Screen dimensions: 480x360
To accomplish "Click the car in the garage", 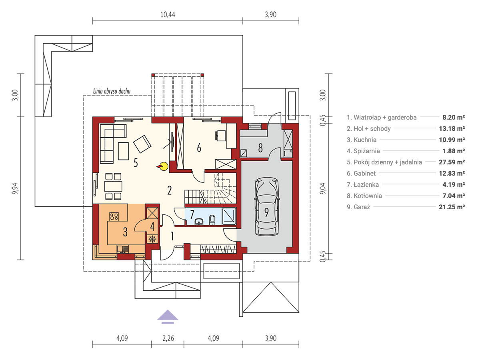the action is tap(266, 206).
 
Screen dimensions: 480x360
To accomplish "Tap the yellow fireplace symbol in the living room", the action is tap(163, 166).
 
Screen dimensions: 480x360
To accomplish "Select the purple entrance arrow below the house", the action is tap(168, 317).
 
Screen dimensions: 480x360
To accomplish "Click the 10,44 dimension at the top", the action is tap(168, 15).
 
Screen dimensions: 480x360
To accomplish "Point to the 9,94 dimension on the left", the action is tap(16, 188).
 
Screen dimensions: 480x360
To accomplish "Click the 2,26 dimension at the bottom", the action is tap(168, 338).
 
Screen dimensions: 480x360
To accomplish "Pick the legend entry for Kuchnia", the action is tap(362, 140).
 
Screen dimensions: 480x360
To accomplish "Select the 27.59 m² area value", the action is tap(452, 162).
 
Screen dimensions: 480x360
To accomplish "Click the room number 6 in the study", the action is tap(199, 148).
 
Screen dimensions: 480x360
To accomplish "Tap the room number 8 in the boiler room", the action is tap(260, 148).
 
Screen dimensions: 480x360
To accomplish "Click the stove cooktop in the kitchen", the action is tap(114, 216).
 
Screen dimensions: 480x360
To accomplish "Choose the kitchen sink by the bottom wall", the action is tap(123, 249).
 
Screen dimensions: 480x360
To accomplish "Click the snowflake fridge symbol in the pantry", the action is tap(152, 239).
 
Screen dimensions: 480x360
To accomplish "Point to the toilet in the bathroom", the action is tap(212, 220).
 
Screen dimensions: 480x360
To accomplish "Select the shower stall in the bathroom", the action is tap(229, 216).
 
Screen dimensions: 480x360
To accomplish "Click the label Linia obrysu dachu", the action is tap(112, 91).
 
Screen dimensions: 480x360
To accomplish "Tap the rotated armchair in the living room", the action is tap(142, 144).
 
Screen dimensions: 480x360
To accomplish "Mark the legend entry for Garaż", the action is tap(358, 207).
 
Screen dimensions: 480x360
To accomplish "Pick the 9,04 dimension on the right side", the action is tap(323, 188).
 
